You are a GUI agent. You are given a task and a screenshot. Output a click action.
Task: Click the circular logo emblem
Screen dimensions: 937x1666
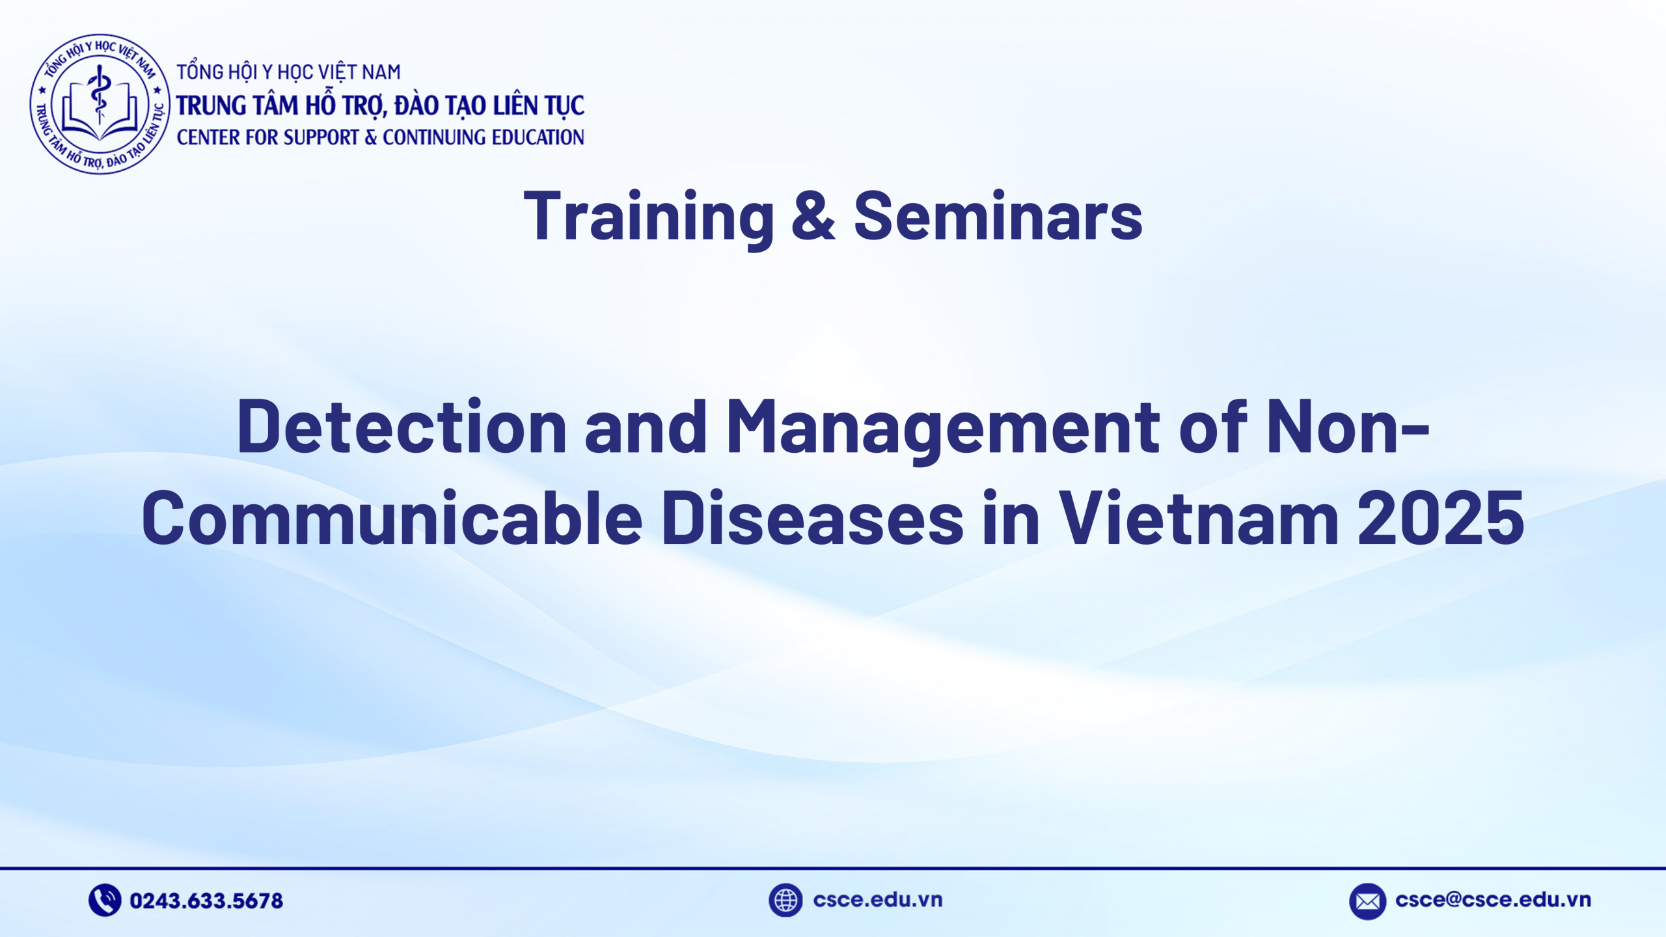click(x=100, y=104)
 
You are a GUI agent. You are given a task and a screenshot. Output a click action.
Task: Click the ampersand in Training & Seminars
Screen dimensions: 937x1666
click(x=813, y=216)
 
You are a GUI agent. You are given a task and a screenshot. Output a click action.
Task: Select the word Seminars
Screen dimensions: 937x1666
click(x=998, y=216)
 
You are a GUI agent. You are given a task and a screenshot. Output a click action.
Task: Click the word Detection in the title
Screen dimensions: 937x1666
click(x=402, y=426)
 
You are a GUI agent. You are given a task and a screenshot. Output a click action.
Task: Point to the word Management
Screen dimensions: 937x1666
click(x=943, y=426)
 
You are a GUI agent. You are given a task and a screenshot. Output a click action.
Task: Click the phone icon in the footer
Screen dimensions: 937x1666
click(x=104, y=900)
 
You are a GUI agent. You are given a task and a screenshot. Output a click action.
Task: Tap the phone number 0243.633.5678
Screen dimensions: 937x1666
click(x=206, y=901)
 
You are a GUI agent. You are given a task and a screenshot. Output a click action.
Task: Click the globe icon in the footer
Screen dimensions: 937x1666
click(x=785, y=900)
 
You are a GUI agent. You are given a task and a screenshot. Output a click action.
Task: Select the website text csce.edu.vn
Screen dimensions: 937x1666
click(x=877, y=900)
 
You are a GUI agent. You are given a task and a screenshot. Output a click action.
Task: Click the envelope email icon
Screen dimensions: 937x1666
click(x=1367, y=901)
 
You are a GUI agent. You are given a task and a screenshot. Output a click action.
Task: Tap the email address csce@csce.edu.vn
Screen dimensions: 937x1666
click(x=1493, y=900)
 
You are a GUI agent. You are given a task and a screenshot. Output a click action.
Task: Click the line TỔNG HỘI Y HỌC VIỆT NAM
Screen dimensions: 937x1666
click(x=288, y=72)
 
